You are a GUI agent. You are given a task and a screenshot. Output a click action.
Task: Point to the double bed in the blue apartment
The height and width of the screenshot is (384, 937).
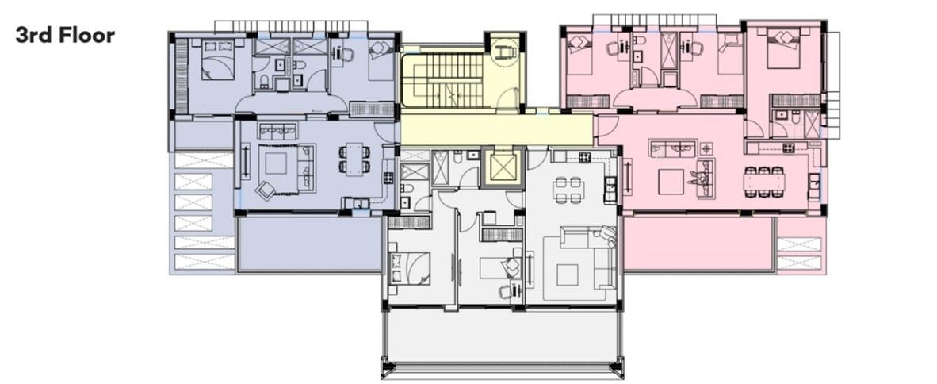click(x=217, y=59)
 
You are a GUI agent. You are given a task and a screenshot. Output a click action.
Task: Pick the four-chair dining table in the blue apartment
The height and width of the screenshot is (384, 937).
click(x=354, y=159)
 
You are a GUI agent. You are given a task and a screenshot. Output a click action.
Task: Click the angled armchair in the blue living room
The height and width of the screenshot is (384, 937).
click(x=266, y=190)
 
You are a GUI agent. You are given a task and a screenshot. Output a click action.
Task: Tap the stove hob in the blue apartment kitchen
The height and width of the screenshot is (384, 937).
click(x=388, y=177)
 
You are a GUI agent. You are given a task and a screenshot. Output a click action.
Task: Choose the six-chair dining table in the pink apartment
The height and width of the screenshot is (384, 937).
click(x=764, y=181)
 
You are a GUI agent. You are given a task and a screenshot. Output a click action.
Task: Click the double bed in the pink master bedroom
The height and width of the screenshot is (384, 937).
click(x=783, y=48)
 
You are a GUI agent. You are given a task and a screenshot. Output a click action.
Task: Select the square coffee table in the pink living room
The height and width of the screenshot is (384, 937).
click(x=671, y=182)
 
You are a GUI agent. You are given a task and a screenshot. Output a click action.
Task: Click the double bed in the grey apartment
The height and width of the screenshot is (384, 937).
click(x=409, y=268)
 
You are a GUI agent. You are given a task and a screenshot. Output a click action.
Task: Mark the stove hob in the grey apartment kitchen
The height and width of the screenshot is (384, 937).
click(x=584, y=157)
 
